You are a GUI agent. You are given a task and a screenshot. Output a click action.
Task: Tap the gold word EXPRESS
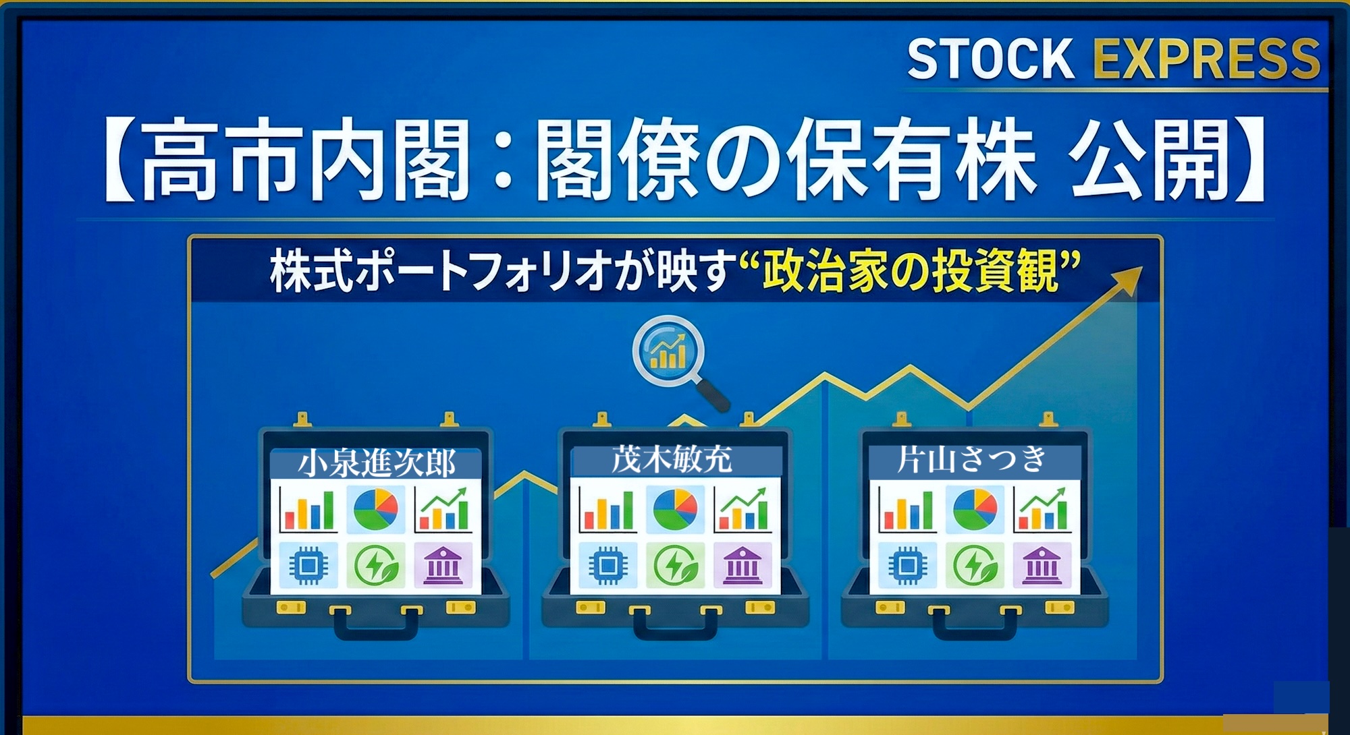1206,59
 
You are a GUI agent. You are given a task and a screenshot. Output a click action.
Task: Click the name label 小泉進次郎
376,463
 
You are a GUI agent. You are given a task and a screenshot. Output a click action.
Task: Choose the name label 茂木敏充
672,460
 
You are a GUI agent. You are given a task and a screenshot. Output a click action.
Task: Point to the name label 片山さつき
972,460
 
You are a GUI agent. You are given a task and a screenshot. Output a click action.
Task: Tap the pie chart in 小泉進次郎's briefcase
376,510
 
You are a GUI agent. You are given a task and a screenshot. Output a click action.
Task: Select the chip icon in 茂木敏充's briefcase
607,565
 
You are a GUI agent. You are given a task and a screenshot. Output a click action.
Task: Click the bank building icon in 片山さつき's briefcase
1042,565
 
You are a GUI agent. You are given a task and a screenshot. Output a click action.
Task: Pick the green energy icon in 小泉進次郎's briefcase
376,565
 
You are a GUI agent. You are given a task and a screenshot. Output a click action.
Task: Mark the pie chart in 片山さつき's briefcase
975,510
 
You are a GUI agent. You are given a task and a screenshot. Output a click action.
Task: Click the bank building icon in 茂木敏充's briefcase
742,565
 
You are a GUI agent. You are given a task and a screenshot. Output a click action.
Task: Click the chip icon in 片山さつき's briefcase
907,565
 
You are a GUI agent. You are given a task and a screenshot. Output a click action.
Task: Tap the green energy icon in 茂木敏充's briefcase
674,565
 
